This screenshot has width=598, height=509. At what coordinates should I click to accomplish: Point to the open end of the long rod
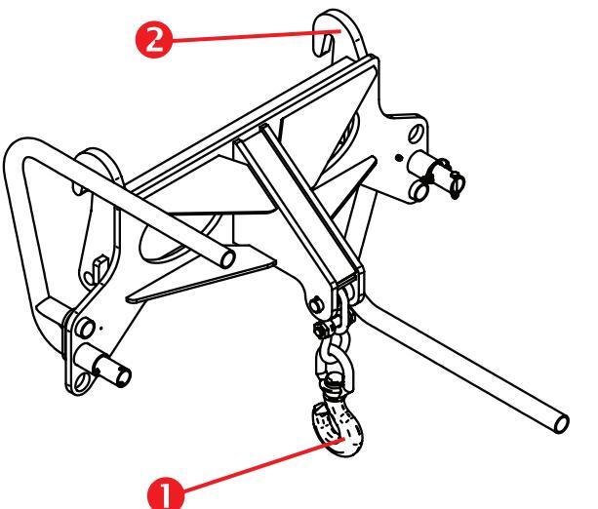point(562,419)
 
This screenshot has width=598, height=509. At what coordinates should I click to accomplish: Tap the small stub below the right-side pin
point(420,192)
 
